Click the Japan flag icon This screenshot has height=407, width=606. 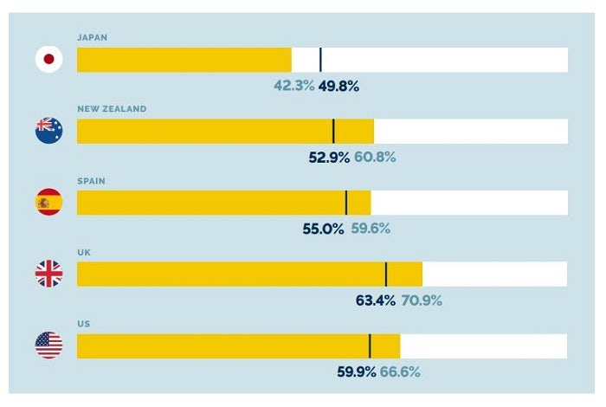point(48,60)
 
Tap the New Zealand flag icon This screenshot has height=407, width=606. point(48,131)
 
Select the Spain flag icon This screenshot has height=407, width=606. point(48,203)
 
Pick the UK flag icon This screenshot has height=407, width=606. point(48,274)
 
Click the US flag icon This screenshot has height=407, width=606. point(48,346)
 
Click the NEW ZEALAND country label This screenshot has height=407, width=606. point(112,109)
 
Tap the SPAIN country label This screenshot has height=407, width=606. point(91,181)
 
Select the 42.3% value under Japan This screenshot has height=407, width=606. point(293,86)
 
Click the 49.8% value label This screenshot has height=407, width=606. point(338,86)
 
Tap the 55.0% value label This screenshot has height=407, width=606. point(323,229)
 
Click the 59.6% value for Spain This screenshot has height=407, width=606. point(371,229)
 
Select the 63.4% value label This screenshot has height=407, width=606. point(376,301)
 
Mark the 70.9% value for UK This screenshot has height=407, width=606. point(422,301)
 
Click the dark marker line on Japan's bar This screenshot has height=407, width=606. point(320,60)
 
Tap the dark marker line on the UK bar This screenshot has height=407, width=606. point(386,274)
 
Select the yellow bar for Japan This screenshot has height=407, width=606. point(184,60)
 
